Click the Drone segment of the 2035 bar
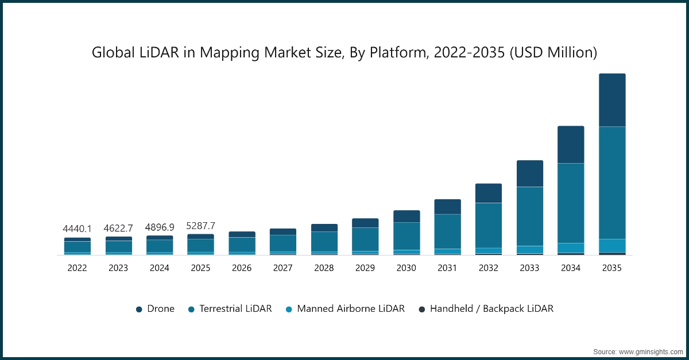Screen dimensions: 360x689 coord(612,100)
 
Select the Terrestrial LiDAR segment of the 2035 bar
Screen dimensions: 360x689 coord(612,183)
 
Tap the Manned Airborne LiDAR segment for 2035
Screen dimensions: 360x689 coord(612,246)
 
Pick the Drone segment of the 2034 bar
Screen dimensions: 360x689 coord(571,145)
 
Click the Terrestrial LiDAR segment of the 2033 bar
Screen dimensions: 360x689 coord(529,216)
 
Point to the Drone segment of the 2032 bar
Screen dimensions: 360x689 coord(488,193)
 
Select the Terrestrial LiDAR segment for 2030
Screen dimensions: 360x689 coord(407,236)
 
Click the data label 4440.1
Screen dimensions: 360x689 coord(77,229)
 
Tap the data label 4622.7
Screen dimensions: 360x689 coord(118,228)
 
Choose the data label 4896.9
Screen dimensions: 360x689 coord(160,227)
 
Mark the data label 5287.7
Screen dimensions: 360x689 coord(200,225)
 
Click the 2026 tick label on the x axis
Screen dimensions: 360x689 coord(242,268)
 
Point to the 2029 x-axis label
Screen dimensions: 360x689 coord(365,268)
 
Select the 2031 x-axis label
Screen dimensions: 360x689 coord(447,268)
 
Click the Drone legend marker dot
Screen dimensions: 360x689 coord(139,309)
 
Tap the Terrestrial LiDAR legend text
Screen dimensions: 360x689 coord(235,309)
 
